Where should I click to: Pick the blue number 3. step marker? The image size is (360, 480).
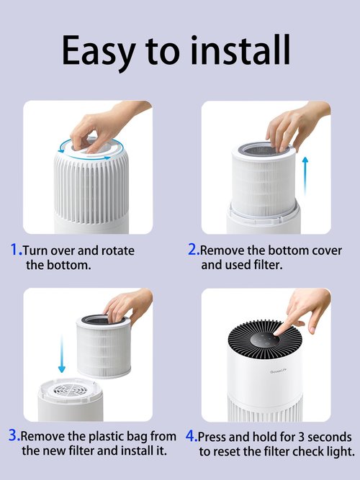click(14, 435)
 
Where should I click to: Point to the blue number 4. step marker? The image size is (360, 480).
click(192, 436)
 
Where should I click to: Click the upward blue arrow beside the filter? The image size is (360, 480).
click(305, 176)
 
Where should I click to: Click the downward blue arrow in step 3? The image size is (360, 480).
click(62, 354)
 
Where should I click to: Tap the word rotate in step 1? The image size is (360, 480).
click(118, 250)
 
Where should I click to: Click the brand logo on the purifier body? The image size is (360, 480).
click(278, 371)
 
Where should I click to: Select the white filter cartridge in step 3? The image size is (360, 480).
click(104, 347)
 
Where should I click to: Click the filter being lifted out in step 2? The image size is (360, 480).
click(264, 179)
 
